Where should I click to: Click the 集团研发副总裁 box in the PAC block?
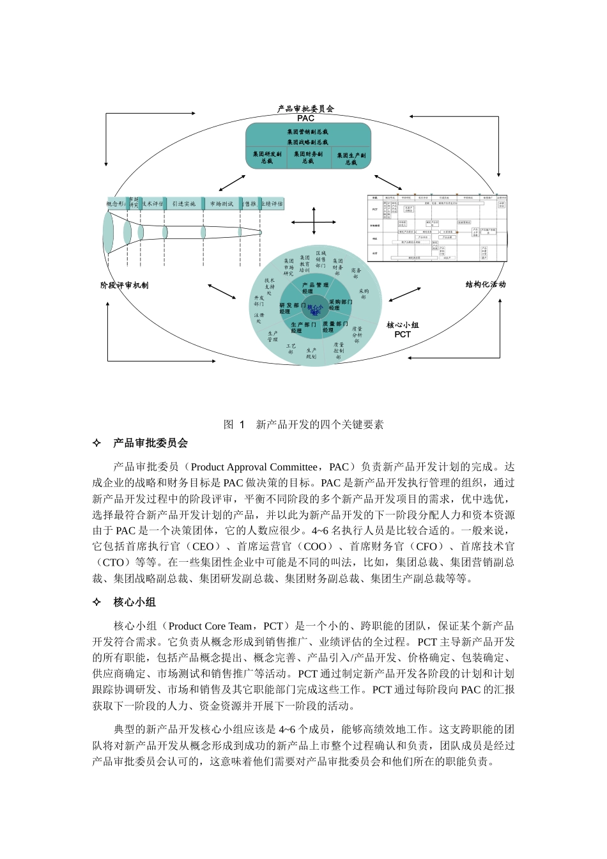click(x=266, y=158)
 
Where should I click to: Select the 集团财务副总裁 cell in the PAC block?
click(x=309, y=158)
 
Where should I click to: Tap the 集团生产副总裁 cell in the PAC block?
click(x=351, y=159)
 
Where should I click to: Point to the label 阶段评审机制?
click(x=125, y=285)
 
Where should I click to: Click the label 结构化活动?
click(x=486, y=284)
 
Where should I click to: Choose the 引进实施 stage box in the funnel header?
click(x=184, y=204)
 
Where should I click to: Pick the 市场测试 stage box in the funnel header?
click(x=221, y=204)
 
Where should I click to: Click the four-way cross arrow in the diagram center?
click(x=314, y=222)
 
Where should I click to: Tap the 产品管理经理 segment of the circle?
click(x=315, y=288)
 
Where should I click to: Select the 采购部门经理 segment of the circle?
click(x=340, y=304)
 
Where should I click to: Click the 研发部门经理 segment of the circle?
click(x=291, y=308)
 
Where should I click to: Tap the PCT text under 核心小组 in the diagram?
click(x=403, y=334)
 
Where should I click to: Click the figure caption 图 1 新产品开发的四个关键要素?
click(x=303, y=424)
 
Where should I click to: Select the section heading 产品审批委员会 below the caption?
click(x=151, y=443)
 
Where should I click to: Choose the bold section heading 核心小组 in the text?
click(x=135, y=602)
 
